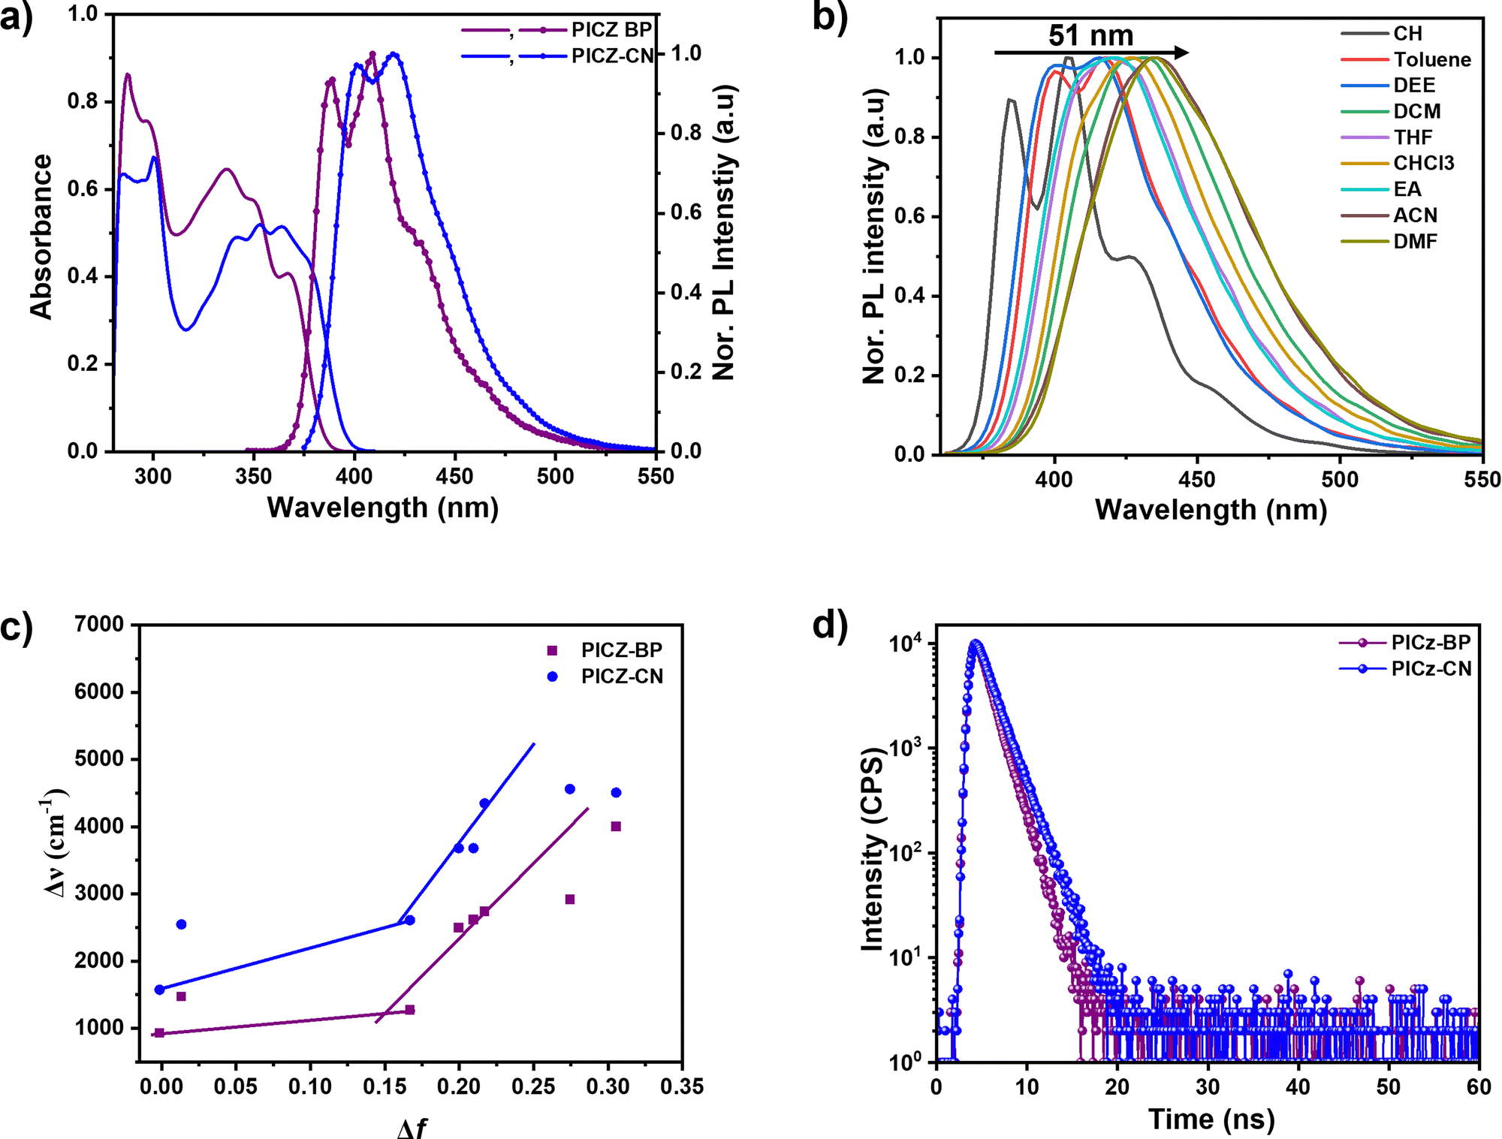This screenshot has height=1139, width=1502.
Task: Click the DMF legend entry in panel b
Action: pos(1415,242)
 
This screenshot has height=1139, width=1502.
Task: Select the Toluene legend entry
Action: pos(1432,60)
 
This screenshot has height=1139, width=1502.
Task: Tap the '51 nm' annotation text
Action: pos(1090,35)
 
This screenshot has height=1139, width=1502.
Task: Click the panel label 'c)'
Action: pos(17,627)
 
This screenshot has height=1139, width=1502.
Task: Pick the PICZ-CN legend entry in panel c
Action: pos(622,676)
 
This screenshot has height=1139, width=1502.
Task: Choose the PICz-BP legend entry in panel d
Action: pos(1431,643)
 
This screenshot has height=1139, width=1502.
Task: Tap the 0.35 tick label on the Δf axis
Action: pos(682,1086)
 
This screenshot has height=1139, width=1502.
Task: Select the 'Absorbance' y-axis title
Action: pos(41,237)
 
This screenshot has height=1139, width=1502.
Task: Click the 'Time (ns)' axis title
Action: pos(1211,1119)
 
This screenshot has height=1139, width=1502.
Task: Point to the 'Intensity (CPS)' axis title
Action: pos(873,849)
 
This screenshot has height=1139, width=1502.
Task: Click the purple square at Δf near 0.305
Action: pos(616,827)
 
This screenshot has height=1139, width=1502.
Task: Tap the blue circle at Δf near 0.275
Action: pos(570,789)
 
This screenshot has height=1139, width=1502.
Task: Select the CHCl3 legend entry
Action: pos(1424,164)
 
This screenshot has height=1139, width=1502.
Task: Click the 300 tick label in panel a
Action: pos(153,477)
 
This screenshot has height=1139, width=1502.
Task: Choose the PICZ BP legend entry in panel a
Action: pos(611,30)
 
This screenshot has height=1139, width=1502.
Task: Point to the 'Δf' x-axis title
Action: pos(412,1128)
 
